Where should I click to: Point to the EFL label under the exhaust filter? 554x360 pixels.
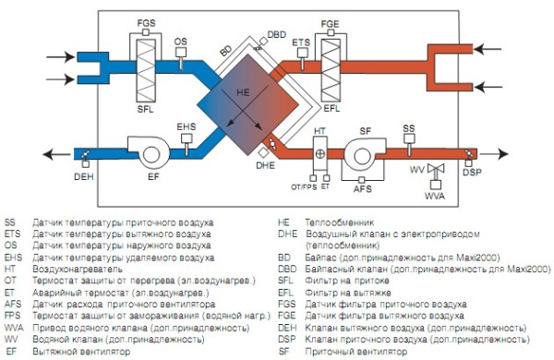click(x=328, y=109)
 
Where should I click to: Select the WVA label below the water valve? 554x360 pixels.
click(x=434, y=197)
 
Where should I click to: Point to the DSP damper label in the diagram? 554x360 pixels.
click(x=472, y=173)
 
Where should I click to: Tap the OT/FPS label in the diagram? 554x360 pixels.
click(x=305, y=187)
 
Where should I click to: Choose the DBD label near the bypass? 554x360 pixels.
click(x=276, y=34)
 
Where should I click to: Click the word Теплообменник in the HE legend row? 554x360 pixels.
click(x=331, y=223)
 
